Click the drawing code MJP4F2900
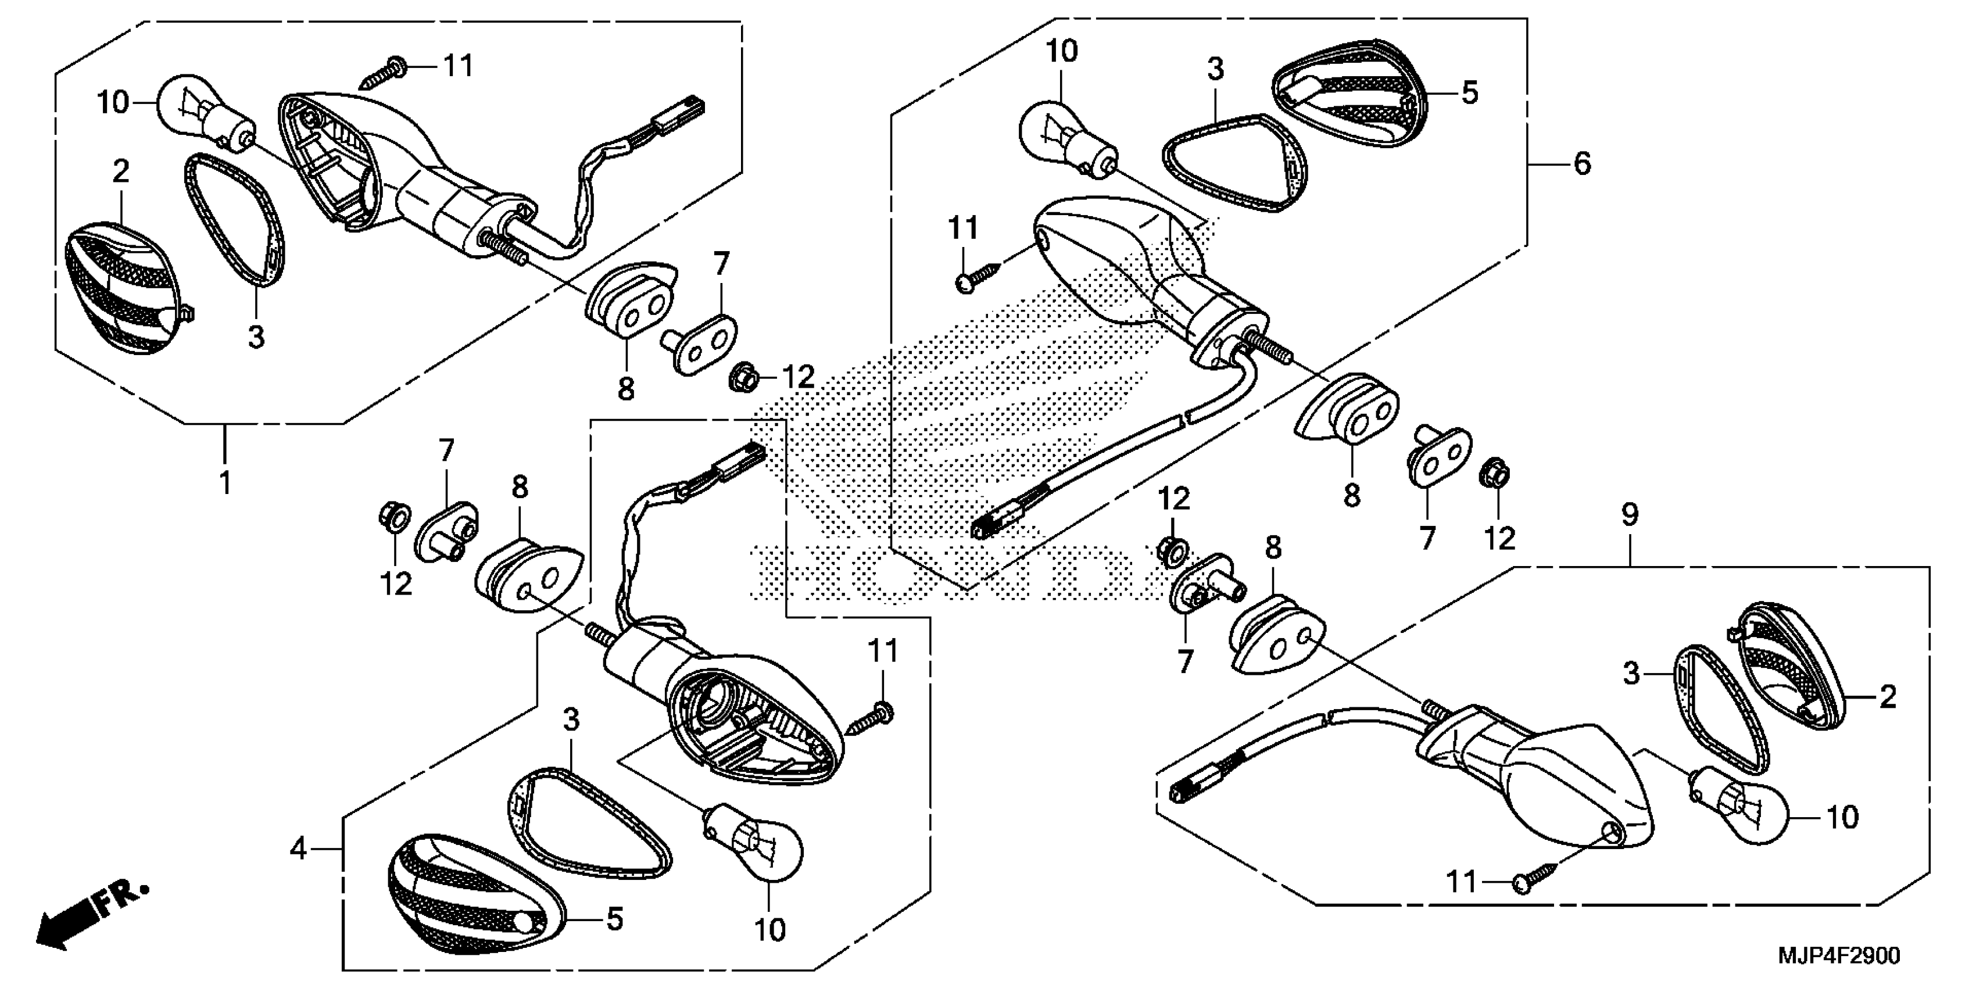[x=1838, y=956]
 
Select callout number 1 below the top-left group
[x=225, y=484]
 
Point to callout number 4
[x=298, y=849]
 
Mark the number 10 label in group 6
[x=1062, y=51]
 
